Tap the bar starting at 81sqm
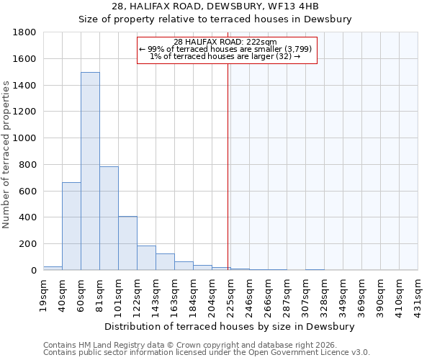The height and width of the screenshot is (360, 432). coord(109,218)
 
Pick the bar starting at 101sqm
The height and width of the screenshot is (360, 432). coord(127,243)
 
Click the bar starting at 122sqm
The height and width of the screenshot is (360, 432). coord(146,258)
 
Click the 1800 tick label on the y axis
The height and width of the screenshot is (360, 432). coord(25,32)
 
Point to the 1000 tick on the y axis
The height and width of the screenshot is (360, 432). coord(25,138)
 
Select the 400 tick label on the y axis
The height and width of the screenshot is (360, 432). coord(28,217)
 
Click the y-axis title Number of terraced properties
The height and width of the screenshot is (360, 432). coord(6,155)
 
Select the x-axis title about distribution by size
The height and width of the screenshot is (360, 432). coord(230,326)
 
